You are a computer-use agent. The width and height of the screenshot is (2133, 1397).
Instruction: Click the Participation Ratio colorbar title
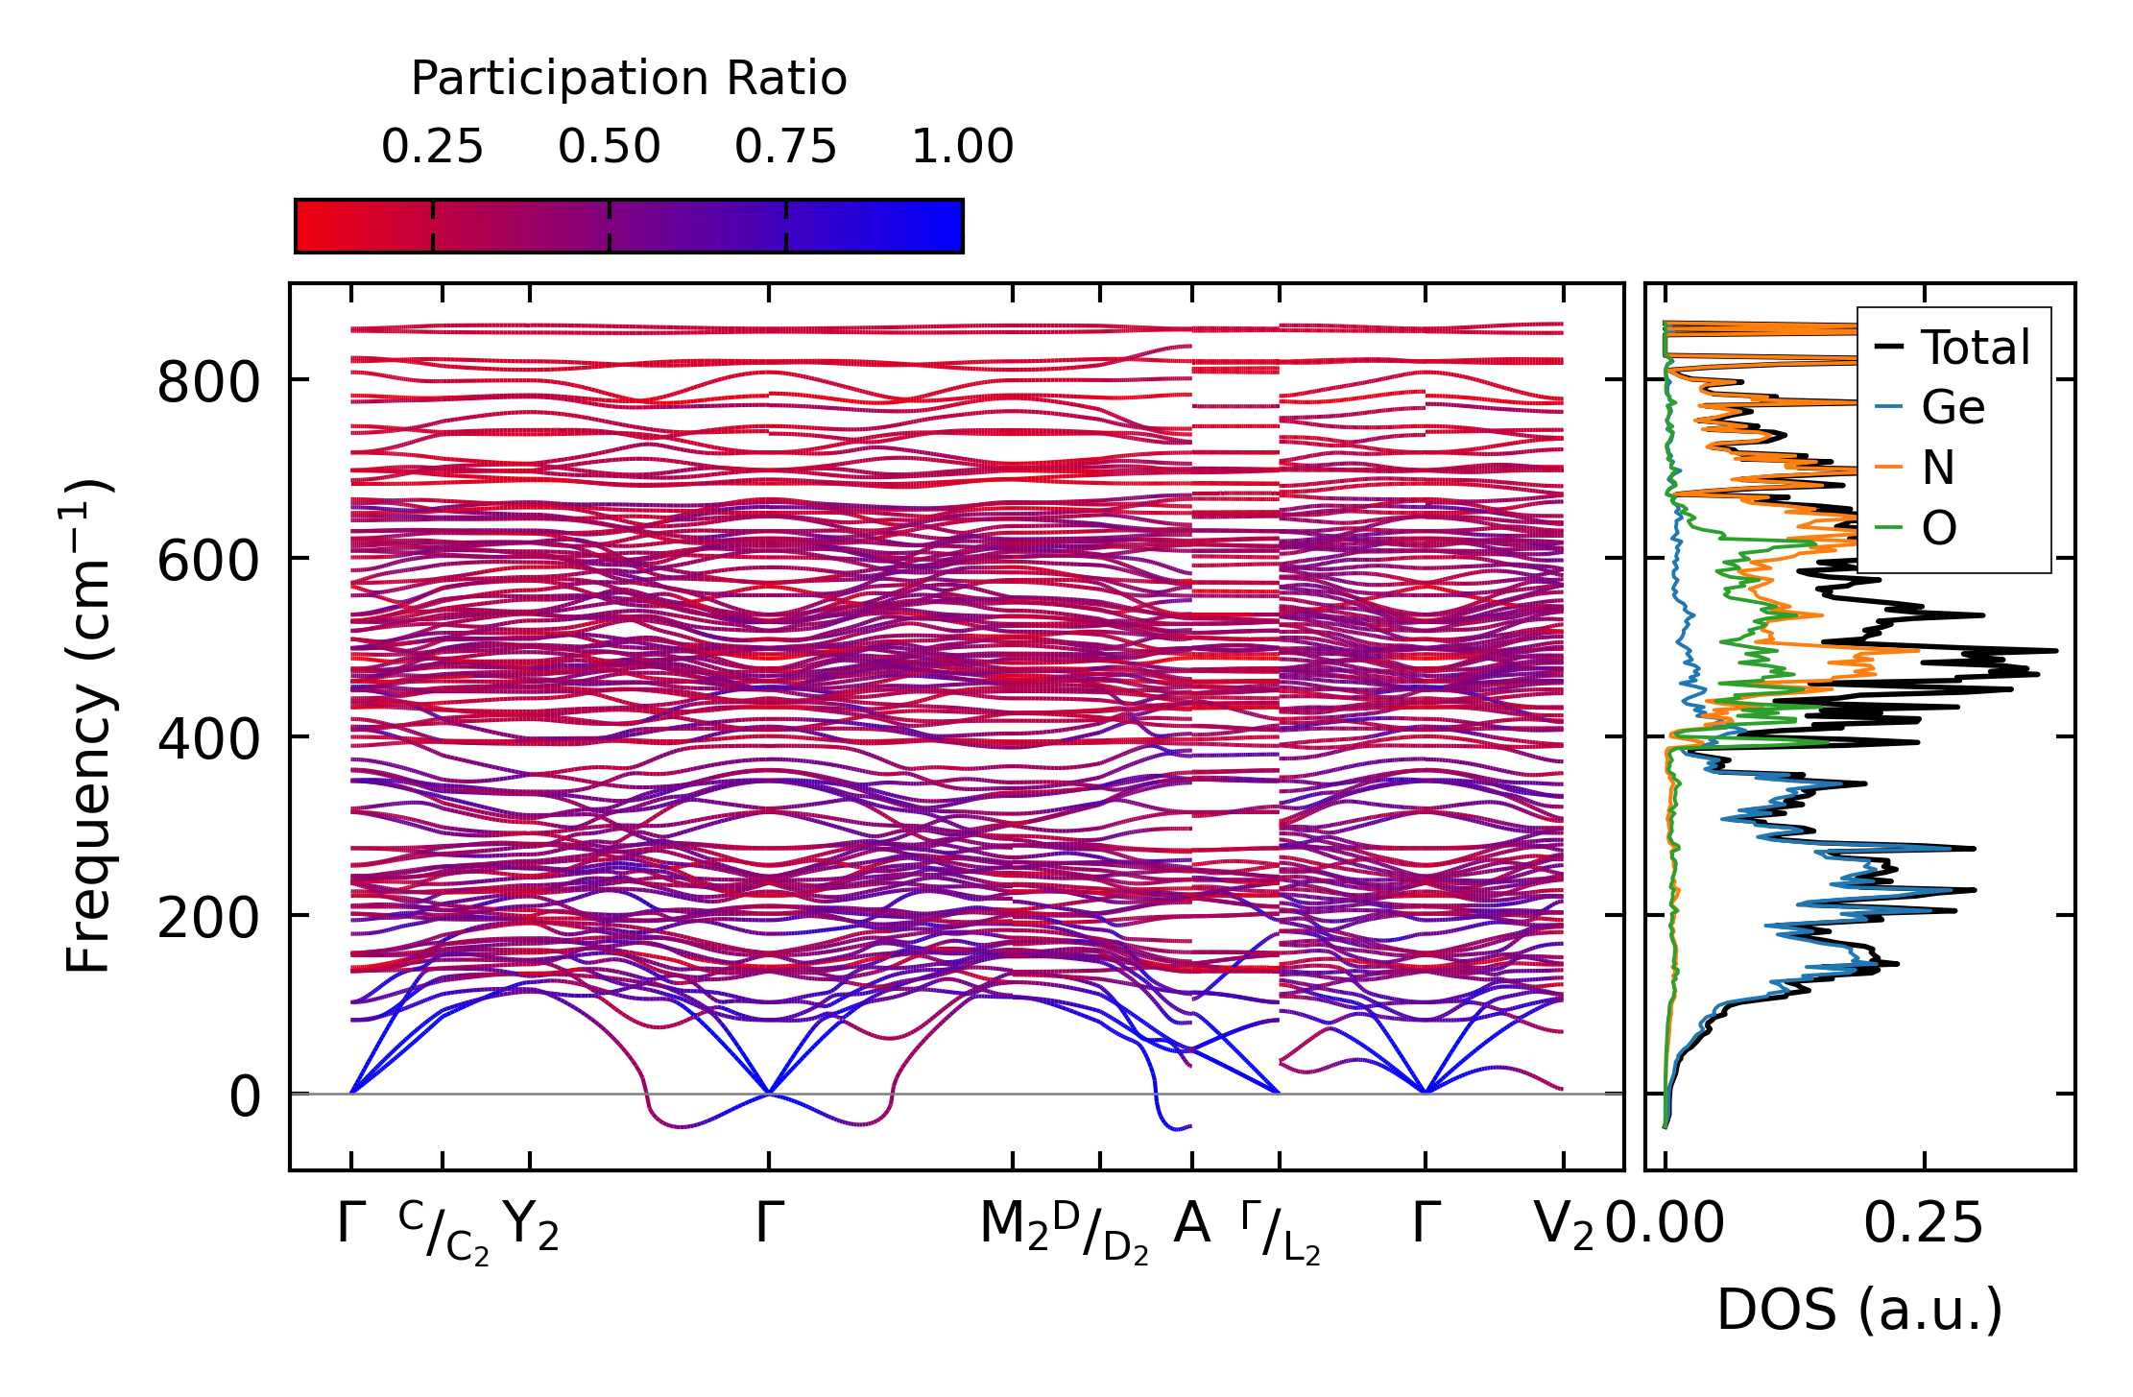click(x=629, y=79)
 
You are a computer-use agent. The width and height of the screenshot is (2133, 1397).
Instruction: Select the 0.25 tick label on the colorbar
click(x=432, y=148)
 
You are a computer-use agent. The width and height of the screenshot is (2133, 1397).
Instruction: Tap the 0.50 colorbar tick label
click(x=610, y=148)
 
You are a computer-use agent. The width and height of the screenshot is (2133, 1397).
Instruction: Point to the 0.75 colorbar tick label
click(x=786, y=148)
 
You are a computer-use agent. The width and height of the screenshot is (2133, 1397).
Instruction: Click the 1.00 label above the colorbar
click(x=962, y=148)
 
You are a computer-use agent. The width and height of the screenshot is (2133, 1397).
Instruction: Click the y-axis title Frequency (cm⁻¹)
click(x=89, y=727)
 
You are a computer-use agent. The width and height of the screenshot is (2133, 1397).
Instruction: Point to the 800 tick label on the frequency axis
click(x=208, y=382)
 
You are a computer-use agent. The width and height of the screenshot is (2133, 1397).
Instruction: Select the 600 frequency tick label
click(x=208, y=561)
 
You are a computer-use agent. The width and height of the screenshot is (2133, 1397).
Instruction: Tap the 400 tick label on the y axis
click(x=208, y=739)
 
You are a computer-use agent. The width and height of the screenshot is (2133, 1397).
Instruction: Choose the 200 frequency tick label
click(x=208, y=918)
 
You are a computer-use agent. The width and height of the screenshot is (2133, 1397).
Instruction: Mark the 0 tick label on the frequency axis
click(x=244, y=1096)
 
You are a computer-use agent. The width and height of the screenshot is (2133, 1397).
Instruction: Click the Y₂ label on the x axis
click(x=531, y=1226)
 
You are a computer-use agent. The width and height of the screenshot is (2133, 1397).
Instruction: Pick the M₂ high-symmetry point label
click(x=1013, y=1226)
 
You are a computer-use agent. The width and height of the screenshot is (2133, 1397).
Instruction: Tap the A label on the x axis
click(x=1191, y=1224)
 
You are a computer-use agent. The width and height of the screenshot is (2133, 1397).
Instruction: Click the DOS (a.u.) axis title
click(x=1859, y=1311)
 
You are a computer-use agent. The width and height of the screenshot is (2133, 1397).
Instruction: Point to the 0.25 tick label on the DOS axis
click(x=1923, y=1225)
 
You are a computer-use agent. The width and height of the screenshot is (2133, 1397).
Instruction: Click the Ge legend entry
click(x=1953, y=408)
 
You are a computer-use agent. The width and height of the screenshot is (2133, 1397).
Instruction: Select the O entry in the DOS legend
click(x=1939, y=528)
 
